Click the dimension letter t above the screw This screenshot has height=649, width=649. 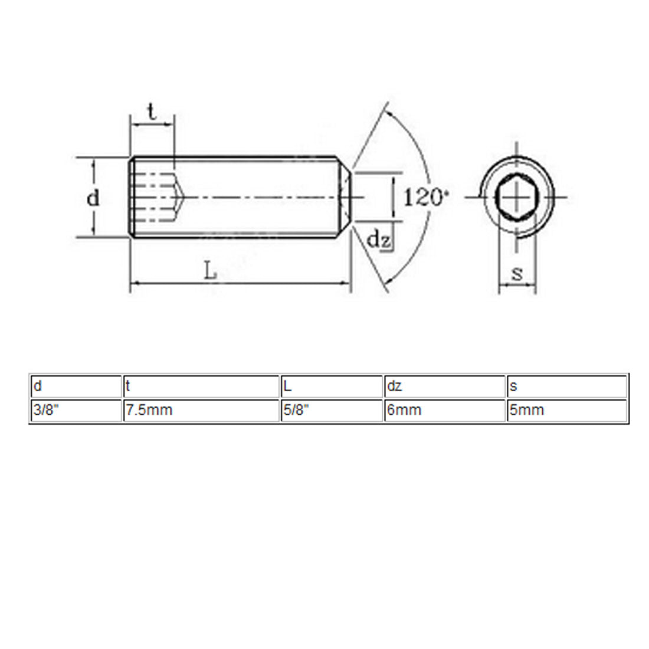pyautogui.click(x=152, y=112)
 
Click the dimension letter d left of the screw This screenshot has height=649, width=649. pyautogui.click(x=93, y=198)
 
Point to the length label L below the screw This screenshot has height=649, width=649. pyautogui.click(x=210, y=271)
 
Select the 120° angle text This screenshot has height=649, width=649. pyautogui.click(x=426, y=198)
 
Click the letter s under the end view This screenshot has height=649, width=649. pyautogui.click(x=517, y=273)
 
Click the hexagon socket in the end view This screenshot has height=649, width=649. pyautogui.click(x=517, y=198)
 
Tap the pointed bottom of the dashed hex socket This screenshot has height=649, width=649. pyautogui.click(x=182, y=198)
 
